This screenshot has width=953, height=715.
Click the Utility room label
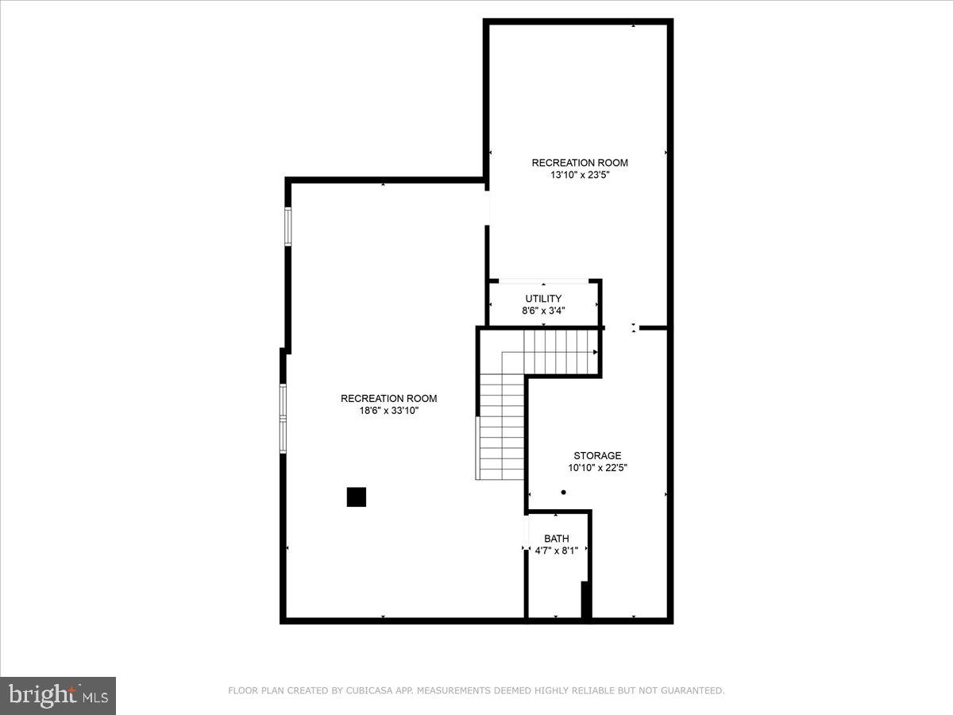pos(543,299)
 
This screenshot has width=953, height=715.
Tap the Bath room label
pos(556,539)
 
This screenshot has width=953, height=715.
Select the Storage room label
pos(597,456)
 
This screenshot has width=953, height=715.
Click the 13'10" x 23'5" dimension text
pos(580,176)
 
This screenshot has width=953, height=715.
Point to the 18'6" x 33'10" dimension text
pos(388,411)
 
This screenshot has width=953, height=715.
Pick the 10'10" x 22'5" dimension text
pos(597,468)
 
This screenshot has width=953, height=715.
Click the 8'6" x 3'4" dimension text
pos(543,311)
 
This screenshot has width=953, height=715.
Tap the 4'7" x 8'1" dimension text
pos(556,550)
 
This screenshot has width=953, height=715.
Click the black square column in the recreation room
pos(357,497)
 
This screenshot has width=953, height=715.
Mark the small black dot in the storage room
pos(564,493)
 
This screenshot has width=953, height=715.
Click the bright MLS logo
pos(58,696)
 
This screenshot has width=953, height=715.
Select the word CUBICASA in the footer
pos(366,691)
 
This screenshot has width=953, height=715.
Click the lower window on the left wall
pos(283,418)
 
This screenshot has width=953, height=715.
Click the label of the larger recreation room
pos(388,399)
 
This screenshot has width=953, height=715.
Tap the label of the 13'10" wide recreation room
pos(580,163)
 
